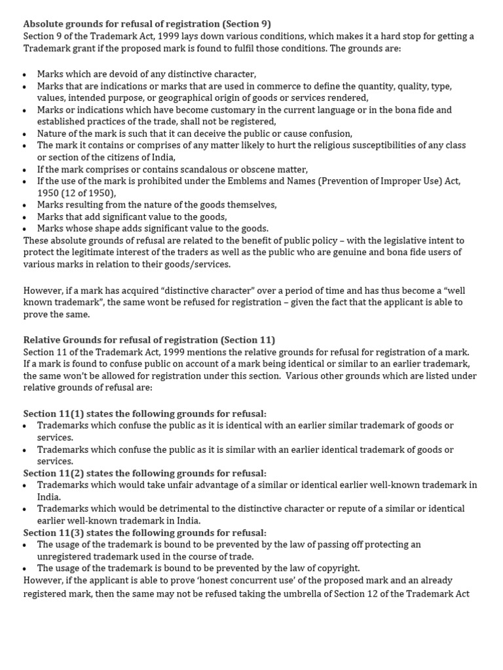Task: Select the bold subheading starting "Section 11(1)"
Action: (145, 413)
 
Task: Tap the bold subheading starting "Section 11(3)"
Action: (145, 533)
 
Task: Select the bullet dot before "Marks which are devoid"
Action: (25, 75)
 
